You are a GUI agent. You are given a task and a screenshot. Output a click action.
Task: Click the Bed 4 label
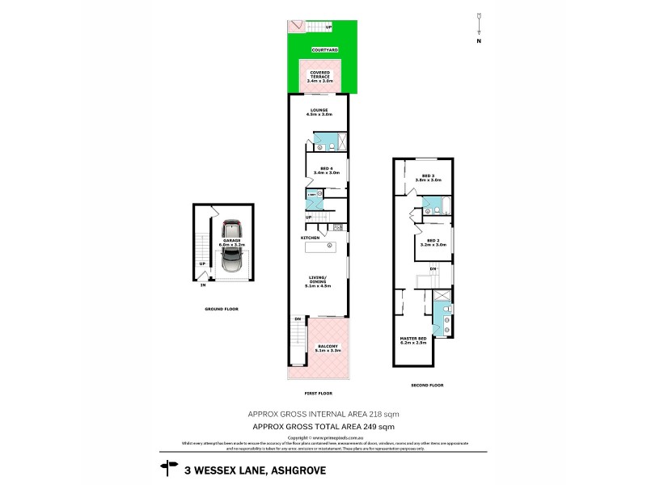328,170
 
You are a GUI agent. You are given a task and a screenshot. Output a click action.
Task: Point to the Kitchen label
311,238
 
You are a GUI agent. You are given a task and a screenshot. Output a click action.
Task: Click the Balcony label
328,348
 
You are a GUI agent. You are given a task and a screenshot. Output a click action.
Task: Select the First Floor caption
318,393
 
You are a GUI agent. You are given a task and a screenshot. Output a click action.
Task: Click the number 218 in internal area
373,413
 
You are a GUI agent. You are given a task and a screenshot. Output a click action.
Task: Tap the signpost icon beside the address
170,466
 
